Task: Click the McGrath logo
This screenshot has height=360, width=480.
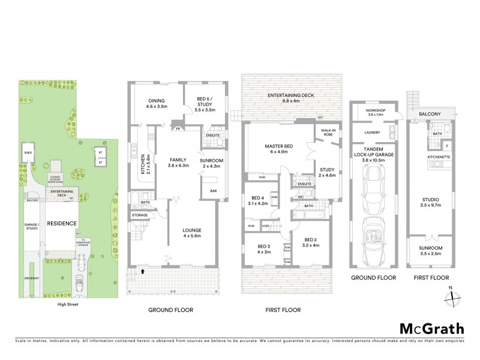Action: click(x=431, y=328)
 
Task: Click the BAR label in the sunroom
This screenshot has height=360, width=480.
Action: click(x=213, y=191)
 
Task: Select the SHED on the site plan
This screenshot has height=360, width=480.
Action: click(x=28, y=153)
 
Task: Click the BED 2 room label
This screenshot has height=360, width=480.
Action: click(x=311, y=242)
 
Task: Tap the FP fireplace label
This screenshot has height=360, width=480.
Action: click(x=178, y=128)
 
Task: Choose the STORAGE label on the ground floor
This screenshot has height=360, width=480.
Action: click(x=140, y=215)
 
